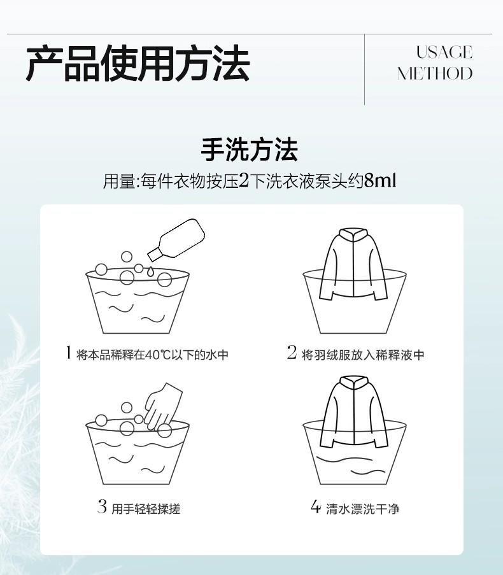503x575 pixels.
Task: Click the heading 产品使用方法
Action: click(138, 63)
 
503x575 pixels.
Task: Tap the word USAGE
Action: click(444, 52)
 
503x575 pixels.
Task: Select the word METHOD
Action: click(435, 73)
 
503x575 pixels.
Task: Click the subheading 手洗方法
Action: click(250, 150)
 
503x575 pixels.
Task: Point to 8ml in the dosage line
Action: click(380, 181)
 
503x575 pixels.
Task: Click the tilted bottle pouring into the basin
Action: click(176, 240)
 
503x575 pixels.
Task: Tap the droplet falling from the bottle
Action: click(150, 272)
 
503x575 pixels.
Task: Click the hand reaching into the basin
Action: click(163, 406)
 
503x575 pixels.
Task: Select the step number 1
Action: click(68, 353)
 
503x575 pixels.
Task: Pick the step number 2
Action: click(292, 353)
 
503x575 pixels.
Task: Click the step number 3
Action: click(103, 507)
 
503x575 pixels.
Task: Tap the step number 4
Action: click(316, 507)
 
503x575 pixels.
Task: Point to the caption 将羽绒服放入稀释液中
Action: click(363, 355)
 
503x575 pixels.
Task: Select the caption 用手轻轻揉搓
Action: click(146, 509)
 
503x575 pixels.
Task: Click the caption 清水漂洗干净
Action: click(362, 509)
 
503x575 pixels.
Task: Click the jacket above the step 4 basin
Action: click(354, 411)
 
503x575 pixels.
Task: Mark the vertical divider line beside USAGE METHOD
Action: click(364, 69)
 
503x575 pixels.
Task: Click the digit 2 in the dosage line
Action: click(244, 181)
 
